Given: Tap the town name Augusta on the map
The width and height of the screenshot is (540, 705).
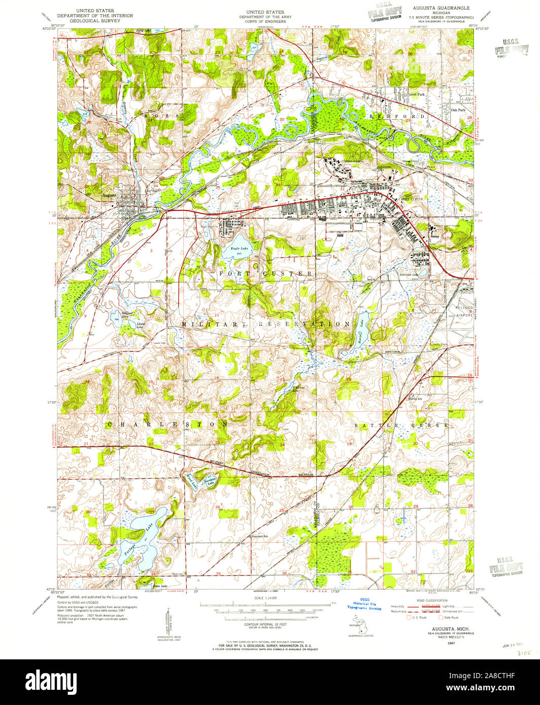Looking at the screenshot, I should pyautogui.click(x=109, y=195).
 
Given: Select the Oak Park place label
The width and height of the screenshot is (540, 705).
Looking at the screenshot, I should pyautogui.click(x=458, y=110).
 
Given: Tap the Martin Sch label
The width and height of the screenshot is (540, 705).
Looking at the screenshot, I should pyautogui.click(x=416, y=398).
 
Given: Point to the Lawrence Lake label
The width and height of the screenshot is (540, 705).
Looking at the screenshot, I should pyautogui.click(x=409, y=275).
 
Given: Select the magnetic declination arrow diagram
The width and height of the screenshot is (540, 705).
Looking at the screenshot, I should pyautogui.click(x=166, y=621).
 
